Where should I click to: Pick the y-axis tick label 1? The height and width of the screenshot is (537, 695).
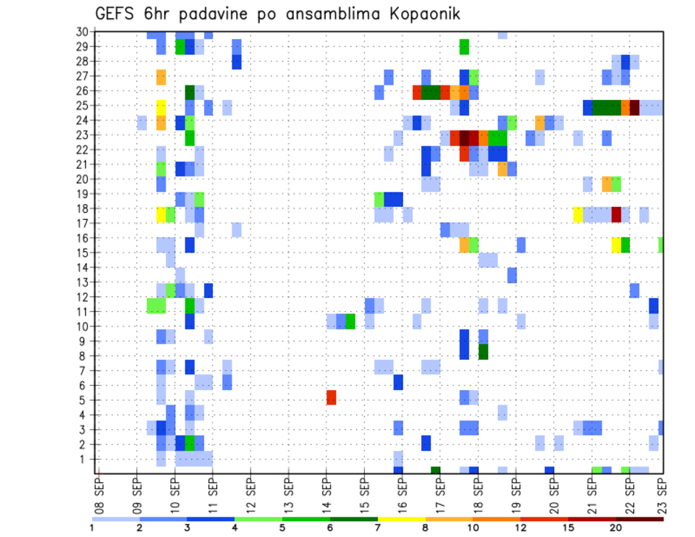(x=85, y=458)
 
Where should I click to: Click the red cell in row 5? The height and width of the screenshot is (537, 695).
(x=332, y=397)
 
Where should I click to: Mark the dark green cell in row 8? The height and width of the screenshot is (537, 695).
(x=483, y=352)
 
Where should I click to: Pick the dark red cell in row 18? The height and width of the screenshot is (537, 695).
(x=616, y=215)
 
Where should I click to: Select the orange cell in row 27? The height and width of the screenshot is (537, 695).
(x=161, y=77)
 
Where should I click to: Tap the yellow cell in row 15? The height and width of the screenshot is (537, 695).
(x=616, y=245)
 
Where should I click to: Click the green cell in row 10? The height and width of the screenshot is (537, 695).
(x=350, y=321)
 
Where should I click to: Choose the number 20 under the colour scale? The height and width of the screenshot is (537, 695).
(x=617, y=527)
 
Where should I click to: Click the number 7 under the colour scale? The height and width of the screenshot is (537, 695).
(x=378, y=527)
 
